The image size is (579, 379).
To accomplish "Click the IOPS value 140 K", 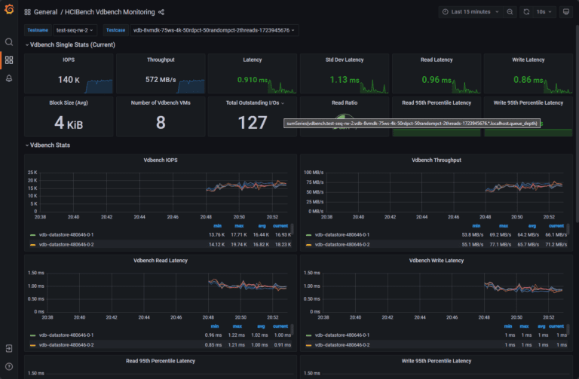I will click(x=68, y=80).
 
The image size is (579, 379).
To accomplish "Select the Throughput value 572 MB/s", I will click(x=160, y=80).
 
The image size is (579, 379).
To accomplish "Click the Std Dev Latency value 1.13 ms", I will click(x=344, y=80).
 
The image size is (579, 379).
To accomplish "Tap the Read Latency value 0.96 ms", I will click(x=436, y=80).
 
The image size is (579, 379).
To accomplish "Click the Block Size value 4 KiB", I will click(x=69, y=122).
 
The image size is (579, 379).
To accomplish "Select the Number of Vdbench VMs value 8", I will click(x=160, y=122).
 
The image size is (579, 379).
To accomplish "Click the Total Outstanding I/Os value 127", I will click(x=252, y=122).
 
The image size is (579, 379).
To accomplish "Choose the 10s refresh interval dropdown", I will click(x=544, y=12).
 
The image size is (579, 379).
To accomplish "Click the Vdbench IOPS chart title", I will click(x=160, y=160).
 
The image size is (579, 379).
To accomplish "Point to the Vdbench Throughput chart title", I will click(x=436, y=160).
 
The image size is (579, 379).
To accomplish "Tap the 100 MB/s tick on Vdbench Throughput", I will click(x=314, y=173).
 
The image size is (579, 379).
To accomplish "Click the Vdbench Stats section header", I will click(x=50, y=145).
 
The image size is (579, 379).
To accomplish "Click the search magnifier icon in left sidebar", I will click(x=9, y=42).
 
